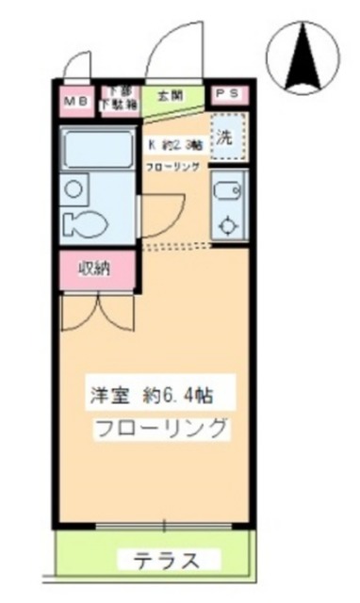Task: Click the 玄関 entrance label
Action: click(171, 95)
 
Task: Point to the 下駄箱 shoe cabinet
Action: click(120, 99)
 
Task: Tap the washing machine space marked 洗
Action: click(226, 135)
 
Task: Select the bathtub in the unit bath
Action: click(97, 151)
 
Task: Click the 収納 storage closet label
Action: click(94, 269)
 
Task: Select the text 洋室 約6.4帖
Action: click(156, 393)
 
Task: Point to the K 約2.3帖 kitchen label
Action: click(175, 146)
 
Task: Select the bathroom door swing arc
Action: click(162, 217)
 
